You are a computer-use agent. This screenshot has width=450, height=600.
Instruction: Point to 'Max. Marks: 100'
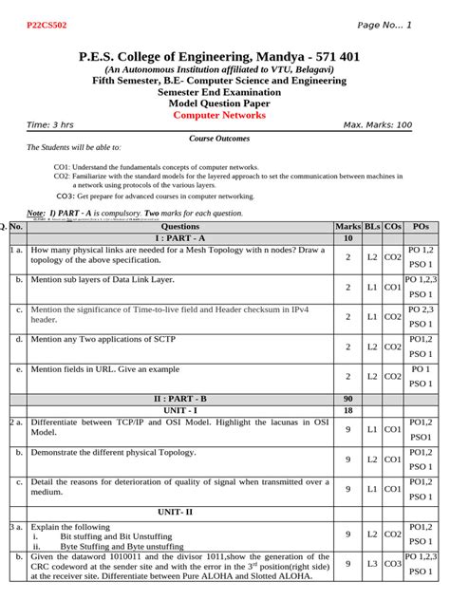point(377,125)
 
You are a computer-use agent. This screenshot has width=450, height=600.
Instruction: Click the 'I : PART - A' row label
point(180,238)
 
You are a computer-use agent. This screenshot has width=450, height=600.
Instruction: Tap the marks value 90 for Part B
point(347,399)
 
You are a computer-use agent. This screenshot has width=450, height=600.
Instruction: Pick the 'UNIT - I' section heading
point(180,410)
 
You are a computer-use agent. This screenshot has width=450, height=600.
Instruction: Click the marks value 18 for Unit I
point(347,410)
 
